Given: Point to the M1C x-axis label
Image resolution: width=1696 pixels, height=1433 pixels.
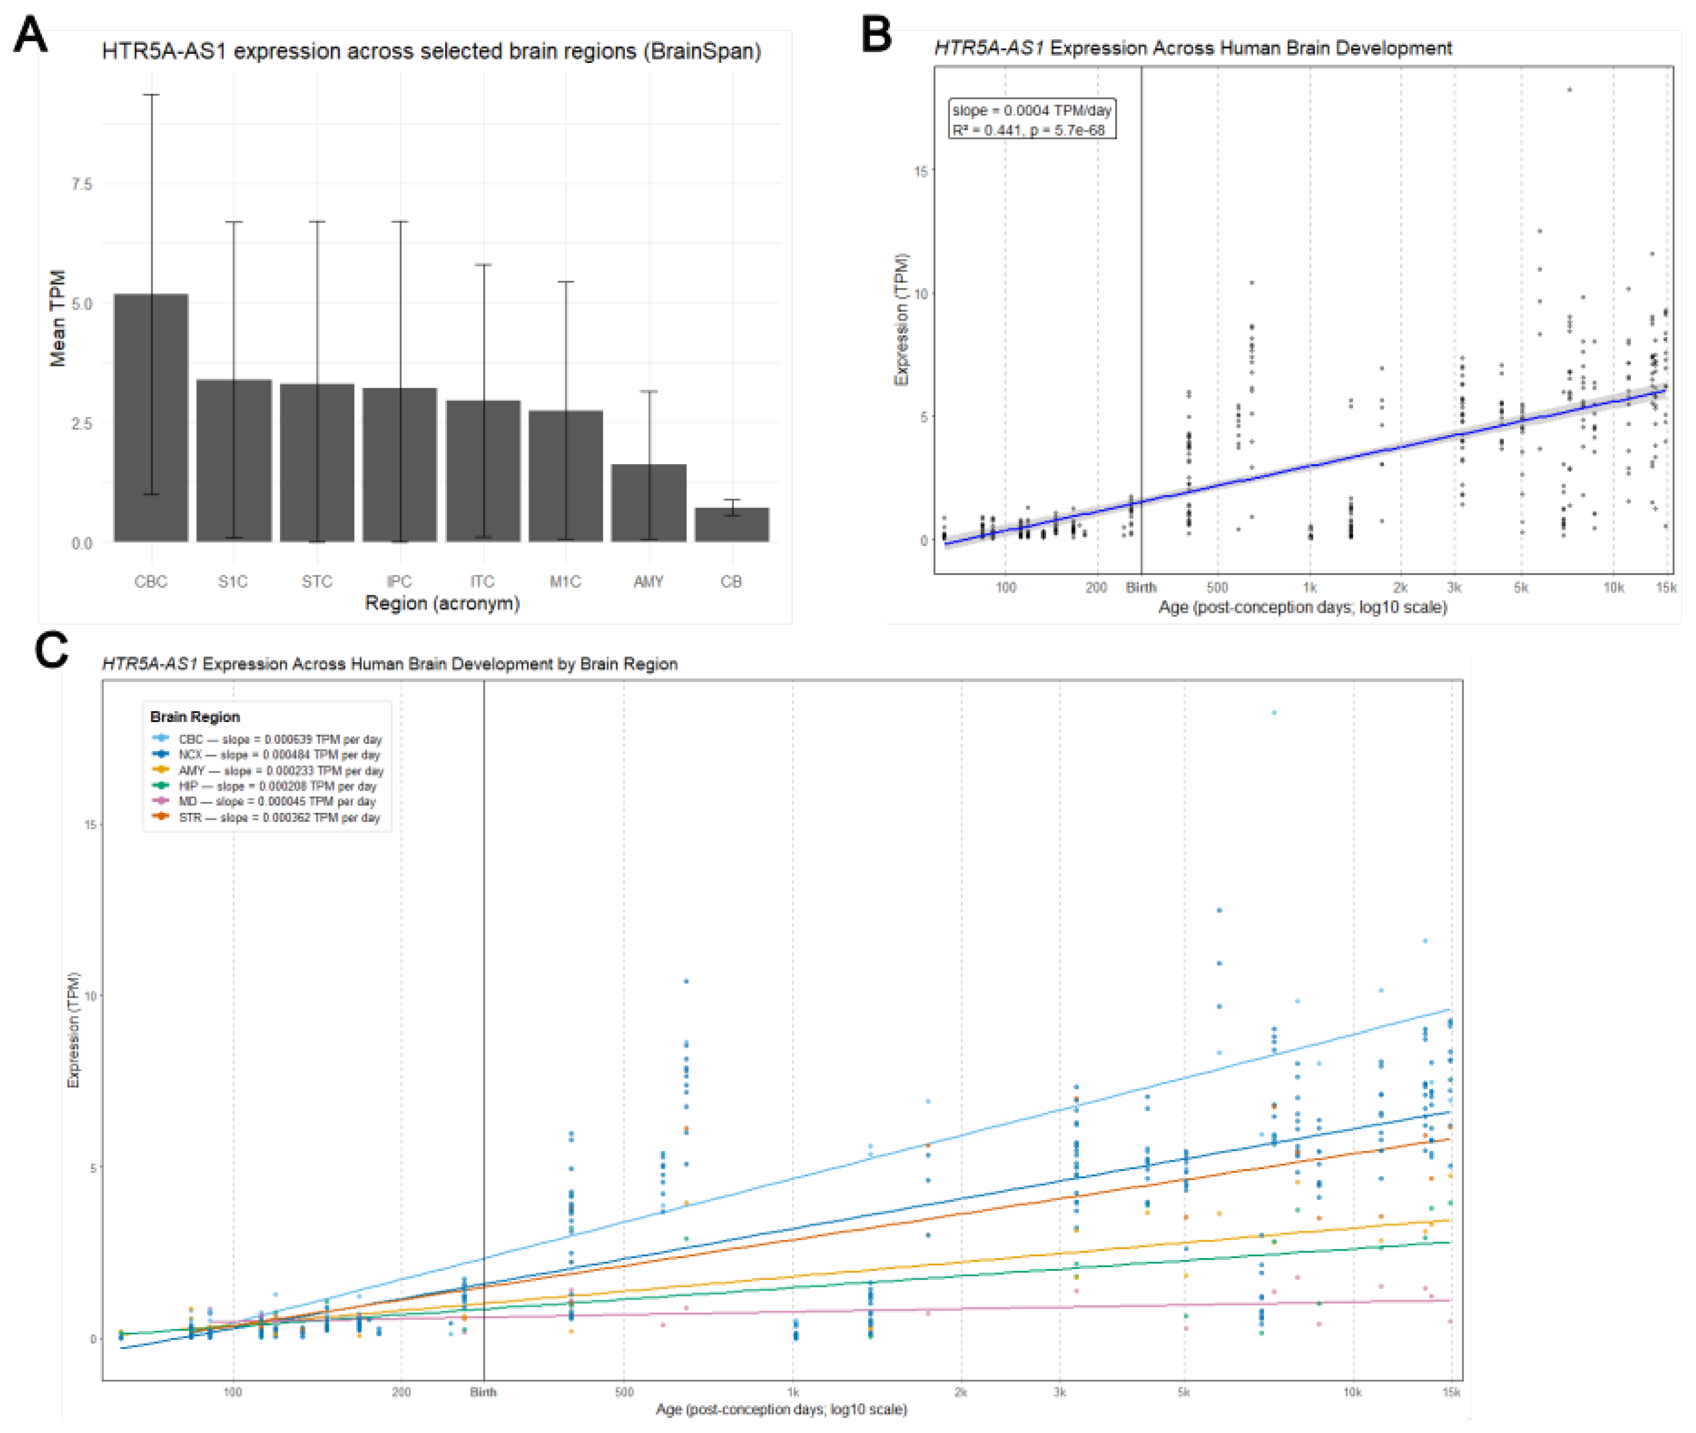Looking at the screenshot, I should point(565,582).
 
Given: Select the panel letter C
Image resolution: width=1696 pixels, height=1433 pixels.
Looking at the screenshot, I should point(51,651).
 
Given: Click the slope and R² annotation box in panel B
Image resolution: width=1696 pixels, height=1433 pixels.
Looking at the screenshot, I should point(1032,120).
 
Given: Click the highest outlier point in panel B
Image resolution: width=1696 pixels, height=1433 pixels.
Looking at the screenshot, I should point(1570,90).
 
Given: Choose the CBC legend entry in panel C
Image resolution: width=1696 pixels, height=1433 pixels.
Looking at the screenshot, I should point(268,739).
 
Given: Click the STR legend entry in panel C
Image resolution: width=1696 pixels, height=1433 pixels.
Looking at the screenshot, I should point(268,817).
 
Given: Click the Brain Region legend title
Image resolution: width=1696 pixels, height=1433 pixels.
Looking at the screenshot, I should point(195,716).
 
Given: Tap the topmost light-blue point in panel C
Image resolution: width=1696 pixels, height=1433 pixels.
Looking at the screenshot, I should point(1274,712).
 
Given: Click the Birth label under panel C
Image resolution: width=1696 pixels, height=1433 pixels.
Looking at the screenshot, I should point(483,1392).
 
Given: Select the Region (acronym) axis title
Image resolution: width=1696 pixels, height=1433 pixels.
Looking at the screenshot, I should point(442,604).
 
